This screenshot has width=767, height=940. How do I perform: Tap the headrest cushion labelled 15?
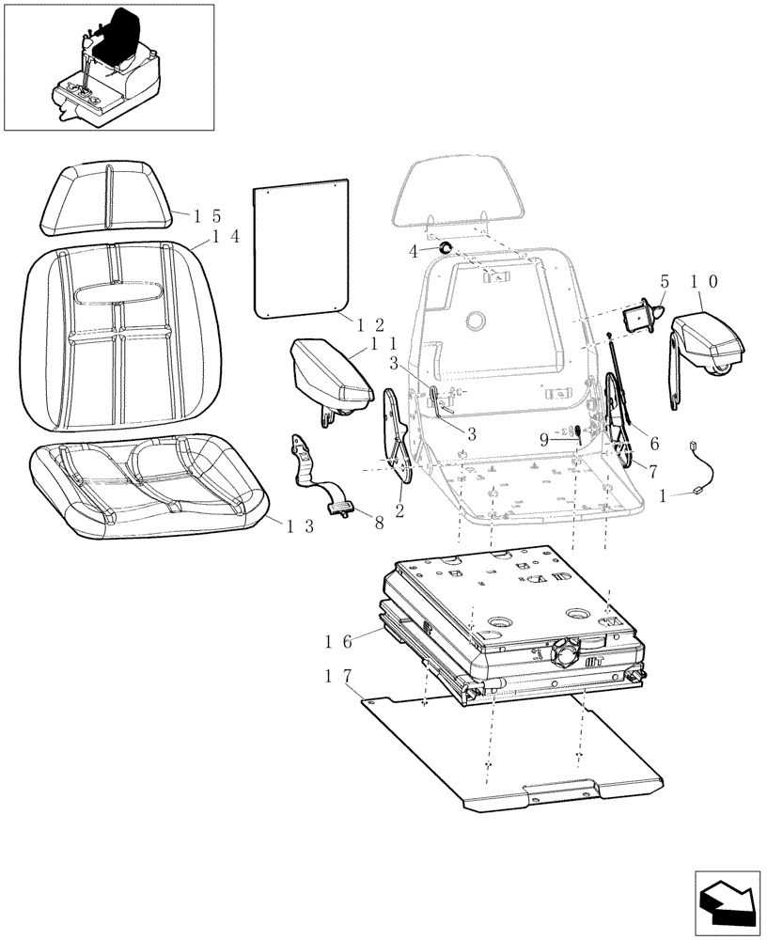coord(106,196)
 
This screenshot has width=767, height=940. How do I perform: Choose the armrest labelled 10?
coord(707,339)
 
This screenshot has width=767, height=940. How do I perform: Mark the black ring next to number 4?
coord(447,249)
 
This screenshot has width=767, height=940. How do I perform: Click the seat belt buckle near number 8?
coord(339,509)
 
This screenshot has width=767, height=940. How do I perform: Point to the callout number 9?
coord(544,438)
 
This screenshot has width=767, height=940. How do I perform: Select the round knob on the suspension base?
coord(568,650)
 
